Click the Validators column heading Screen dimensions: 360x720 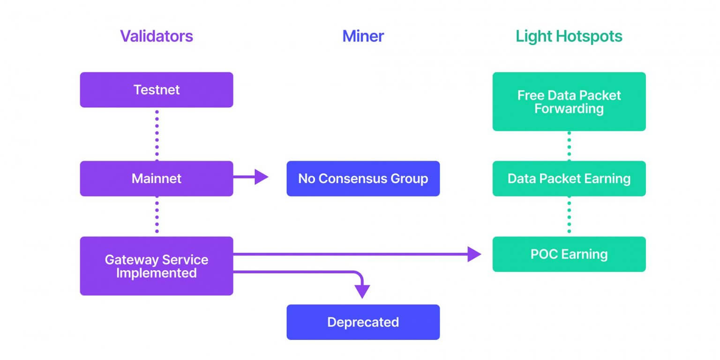click(x=156, y=36)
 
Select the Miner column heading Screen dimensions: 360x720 click(x=363, y=36)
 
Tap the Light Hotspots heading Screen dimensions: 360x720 click(x=569, y=36)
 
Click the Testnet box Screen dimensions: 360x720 click(x=156, y=90)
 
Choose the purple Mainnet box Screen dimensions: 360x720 click(x=156, y=179)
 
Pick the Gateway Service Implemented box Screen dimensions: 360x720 click(x=156, y=266)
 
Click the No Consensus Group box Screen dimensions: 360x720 click(x=363, y=179)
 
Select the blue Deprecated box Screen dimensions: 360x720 click(x=363, y=322)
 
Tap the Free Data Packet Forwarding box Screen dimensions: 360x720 click(x=569, y=102)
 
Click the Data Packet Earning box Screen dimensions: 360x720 click(x=569, y=179)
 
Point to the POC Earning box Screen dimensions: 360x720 click(x=569, y=254)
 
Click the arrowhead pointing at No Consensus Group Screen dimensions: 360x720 click(x=262, y=177)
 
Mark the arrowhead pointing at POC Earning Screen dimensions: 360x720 click(x=474, y=254)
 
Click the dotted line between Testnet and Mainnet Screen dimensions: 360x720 click(x=157, y=134)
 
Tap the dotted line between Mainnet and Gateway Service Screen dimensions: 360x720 click(x=157, y=216)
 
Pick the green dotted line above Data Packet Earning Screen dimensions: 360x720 click(x=569, y=146)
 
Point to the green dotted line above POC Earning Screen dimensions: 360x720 click(x=569, y=216)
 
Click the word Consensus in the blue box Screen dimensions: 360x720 click(x=362, y=179)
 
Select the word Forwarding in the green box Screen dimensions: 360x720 click(x=569, y=109)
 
